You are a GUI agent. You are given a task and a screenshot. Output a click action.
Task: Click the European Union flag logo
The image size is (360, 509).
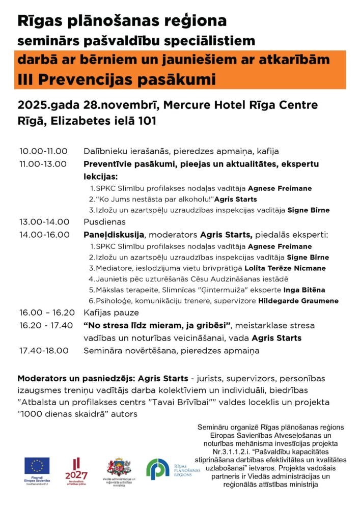point(37,465)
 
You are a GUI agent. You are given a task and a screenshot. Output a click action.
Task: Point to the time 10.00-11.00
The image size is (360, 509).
point(43,151)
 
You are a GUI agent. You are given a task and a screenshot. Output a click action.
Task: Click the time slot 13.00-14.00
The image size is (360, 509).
point(43,221)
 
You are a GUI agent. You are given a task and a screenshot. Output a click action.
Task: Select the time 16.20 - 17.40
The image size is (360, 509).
point(45,325)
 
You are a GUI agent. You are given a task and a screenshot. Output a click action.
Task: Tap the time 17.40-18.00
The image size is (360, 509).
point(43,350)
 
